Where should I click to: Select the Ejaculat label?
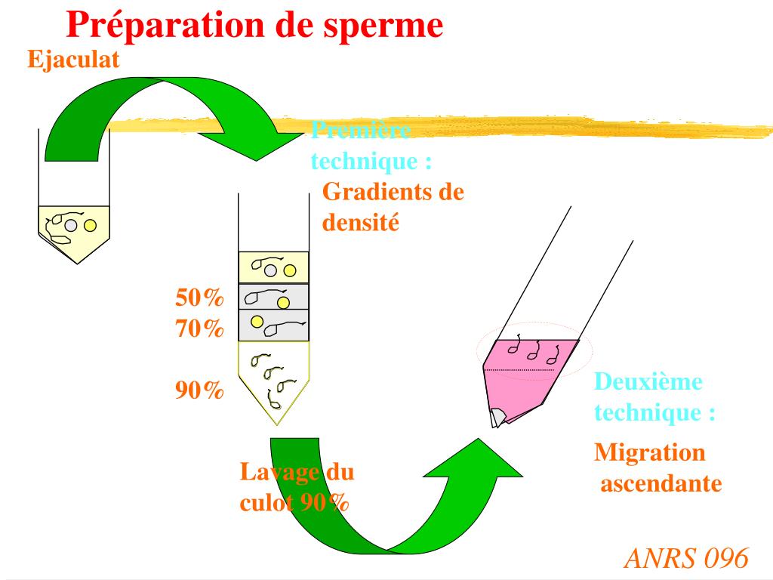(x=73, y=59)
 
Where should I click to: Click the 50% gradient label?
(x=200, y=298)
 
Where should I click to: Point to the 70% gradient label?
(x=200, y=329)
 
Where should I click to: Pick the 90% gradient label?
(x=200, y=390)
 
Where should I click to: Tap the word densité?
(x=360, y=223)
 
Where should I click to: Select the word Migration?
(x=650, y=452)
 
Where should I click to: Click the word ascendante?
(x=661, y=483)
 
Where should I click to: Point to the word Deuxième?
(x=648, y=381)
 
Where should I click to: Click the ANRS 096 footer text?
(x=686, y=558)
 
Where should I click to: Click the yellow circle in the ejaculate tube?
(x=90, y=225)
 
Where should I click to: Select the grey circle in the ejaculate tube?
(x=71, y=224)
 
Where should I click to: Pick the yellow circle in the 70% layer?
(x=257, y=322)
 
